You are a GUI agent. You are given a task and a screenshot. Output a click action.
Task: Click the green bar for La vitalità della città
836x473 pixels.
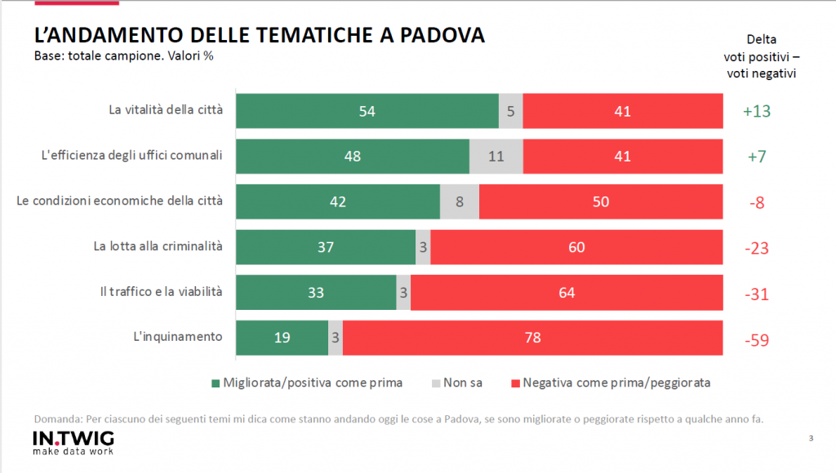click(367, 112)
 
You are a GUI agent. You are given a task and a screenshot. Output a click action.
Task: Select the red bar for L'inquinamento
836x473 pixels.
click(532, 337)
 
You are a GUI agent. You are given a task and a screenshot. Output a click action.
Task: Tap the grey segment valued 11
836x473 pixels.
click(496, 157)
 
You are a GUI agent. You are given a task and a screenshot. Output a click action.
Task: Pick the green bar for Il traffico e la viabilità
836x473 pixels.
click(316, 292)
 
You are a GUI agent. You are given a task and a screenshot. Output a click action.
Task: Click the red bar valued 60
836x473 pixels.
click(576, 247)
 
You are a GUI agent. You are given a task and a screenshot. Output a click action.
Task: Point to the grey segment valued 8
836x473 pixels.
click(460, 201)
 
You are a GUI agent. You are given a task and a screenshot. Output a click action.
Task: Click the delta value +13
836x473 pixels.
click(757, 112)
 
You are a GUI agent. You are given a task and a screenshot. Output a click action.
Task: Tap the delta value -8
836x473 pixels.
click(757, 202)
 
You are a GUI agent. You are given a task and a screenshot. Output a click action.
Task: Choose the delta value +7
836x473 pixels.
click(757, 157)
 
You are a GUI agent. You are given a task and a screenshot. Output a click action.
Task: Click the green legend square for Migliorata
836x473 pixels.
click(216, 382)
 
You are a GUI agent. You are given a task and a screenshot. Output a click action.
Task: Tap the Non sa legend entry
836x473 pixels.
click(453, 382)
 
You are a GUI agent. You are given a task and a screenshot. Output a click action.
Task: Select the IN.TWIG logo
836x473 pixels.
click(73, 440)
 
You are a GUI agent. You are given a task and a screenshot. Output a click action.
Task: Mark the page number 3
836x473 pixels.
click(811, 439)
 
